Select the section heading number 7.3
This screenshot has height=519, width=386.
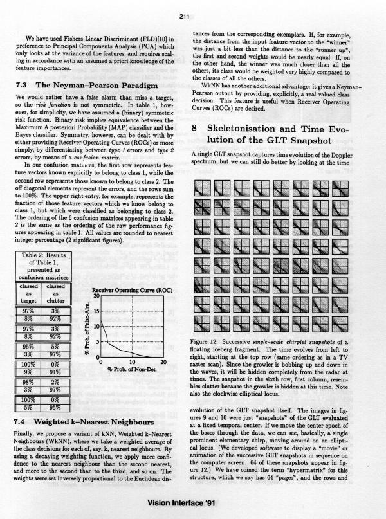(23, 86)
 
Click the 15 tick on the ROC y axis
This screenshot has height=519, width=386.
(96, 311)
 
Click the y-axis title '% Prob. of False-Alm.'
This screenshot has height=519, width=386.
(86, 328)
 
